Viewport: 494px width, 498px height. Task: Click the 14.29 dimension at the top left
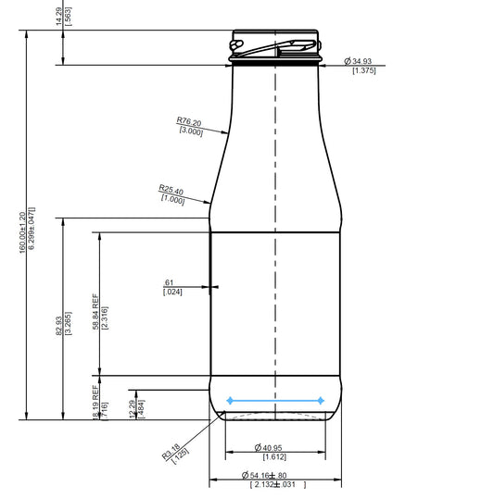(57, 16)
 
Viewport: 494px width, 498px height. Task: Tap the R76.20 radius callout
(190, 121)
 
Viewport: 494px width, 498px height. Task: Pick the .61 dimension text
(170, 282)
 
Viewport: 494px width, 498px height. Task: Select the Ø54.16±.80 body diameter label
(271, 475)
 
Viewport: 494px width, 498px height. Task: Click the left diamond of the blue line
(229, 401)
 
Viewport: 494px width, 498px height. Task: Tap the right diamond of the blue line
(321, 401)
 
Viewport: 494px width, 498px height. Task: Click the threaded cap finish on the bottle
(275, 47)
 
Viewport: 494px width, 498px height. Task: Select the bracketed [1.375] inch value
(362, 71)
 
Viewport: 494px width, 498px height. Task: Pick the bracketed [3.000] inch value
(191, 131)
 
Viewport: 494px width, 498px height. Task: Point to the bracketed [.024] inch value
(171, 293)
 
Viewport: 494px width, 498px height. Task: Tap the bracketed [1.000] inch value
(173, 200)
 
